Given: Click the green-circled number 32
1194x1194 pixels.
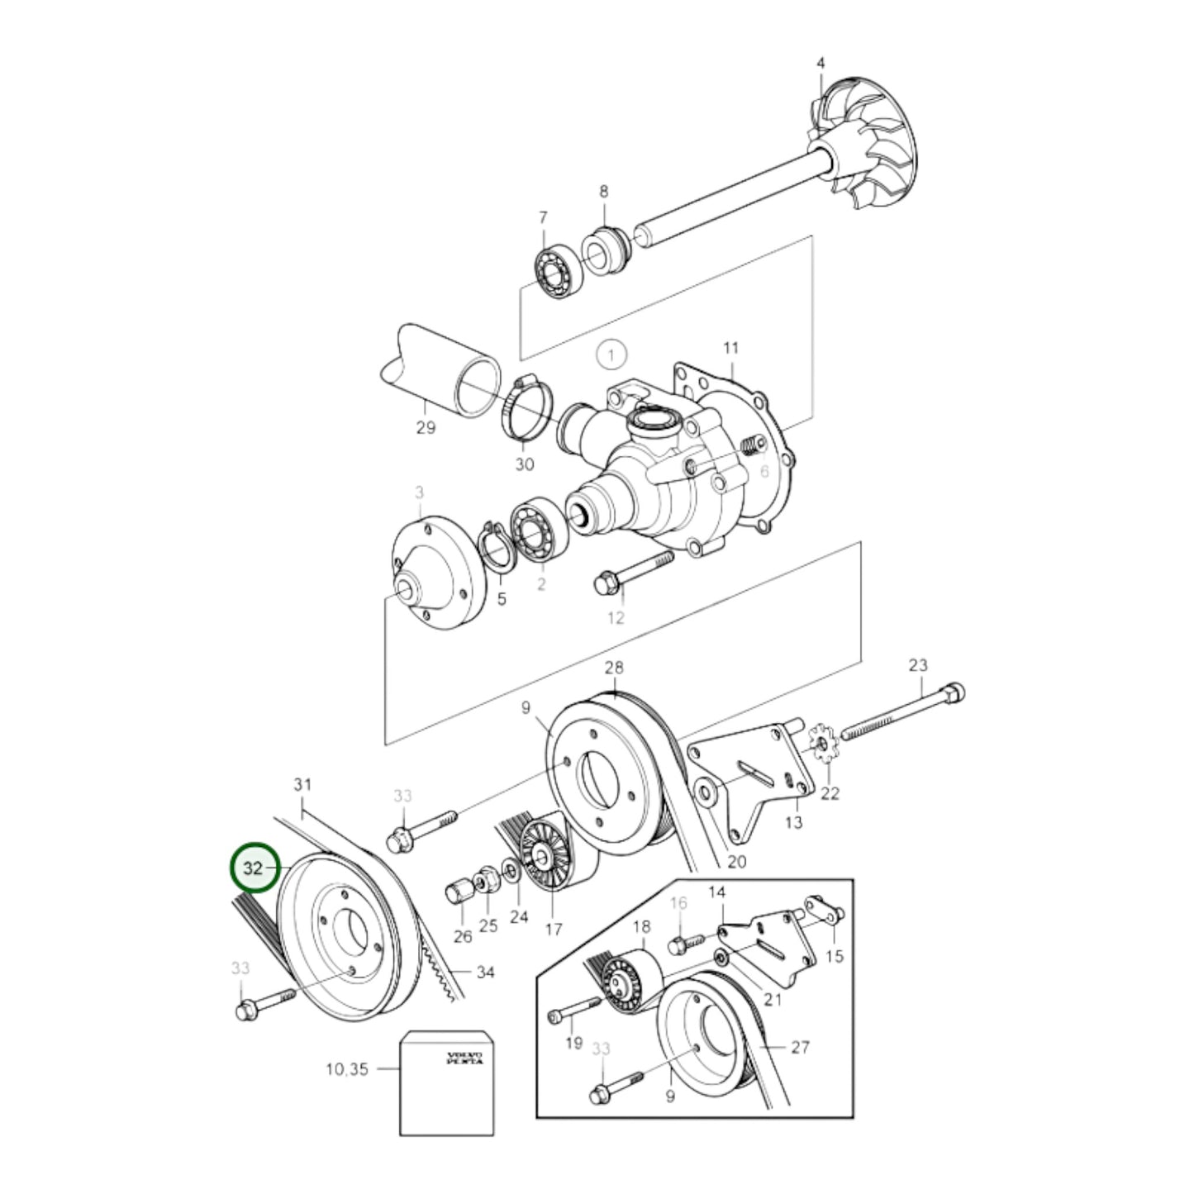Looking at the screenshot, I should [253, 868].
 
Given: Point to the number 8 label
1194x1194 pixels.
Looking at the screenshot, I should [604, 192].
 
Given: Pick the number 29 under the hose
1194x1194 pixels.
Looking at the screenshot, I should [426, 428].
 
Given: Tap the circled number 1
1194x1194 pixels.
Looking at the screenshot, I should [611, 356].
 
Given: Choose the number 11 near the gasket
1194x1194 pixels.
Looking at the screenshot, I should [730, 348].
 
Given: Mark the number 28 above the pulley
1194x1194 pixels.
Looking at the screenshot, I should [614, 668].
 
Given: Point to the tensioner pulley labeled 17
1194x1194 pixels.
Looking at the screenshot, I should [545, 857].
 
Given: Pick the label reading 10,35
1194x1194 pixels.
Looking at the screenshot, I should [348, 1069].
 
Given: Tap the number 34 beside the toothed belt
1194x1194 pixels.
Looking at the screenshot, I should [485, 973].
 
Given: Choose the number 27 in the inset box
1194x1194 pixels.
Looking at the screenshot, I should [800, 1048].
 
